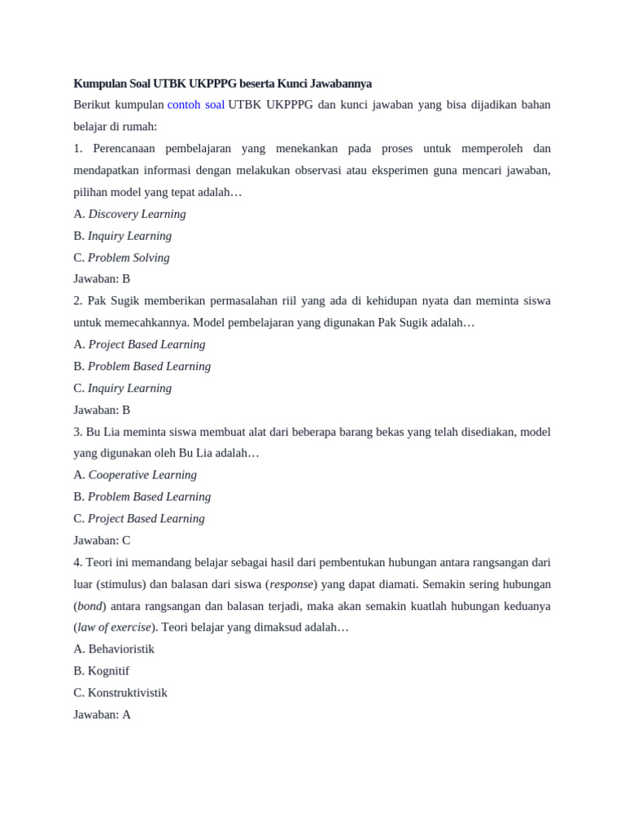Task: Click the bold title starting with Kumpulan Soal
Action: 222,83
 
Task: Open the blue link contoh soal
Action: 195,105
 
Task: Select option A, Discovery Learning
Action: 130,214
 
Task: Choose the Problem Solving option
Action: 122,258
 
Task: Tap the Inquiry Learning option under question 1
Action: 123,236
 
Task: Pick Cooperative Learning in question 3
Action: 135,475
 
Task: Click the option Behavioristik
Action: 114,649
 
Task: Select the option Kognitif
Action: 102,671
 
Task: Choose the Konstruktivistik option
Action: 120,693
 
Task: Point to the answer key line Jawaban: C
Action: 102,540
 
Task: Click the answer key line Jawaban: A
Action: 102,714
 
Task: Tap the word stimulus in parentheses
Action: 121,584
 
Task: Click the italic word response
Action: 291,584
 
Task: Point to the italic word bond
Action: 90,606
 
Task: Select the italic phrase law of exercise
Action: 115,627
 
